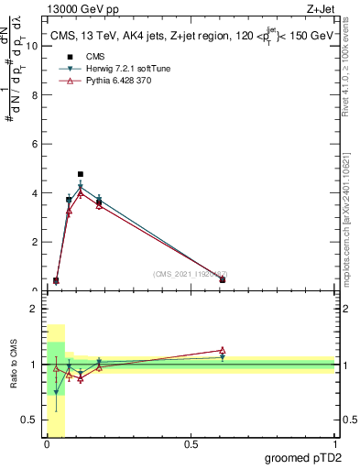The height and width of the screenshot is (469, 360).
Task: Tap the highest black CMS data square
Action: click(x=81, y=174)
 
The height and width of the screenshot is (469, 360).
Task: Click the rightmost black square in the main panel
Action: click(x=223, y=279)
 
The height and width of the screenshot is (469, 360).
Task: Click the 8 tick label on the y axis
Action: click(x=35, y=94)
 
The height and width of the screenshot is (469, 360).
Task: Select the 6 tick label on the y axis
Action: click(x=35, y=144)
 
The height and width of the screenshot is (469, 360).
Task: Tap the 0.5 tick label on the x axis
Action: click(x=191, y=444)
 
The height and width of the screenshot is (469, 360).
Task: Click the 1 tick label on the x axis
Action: click(x=334, y=444)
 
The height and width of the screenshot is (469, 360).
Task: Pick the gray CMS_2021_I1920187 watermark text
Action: click(x=190, y=274)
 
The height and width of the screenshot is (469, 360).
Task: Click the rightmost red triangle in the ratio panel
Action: click(x=223, y=350)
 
